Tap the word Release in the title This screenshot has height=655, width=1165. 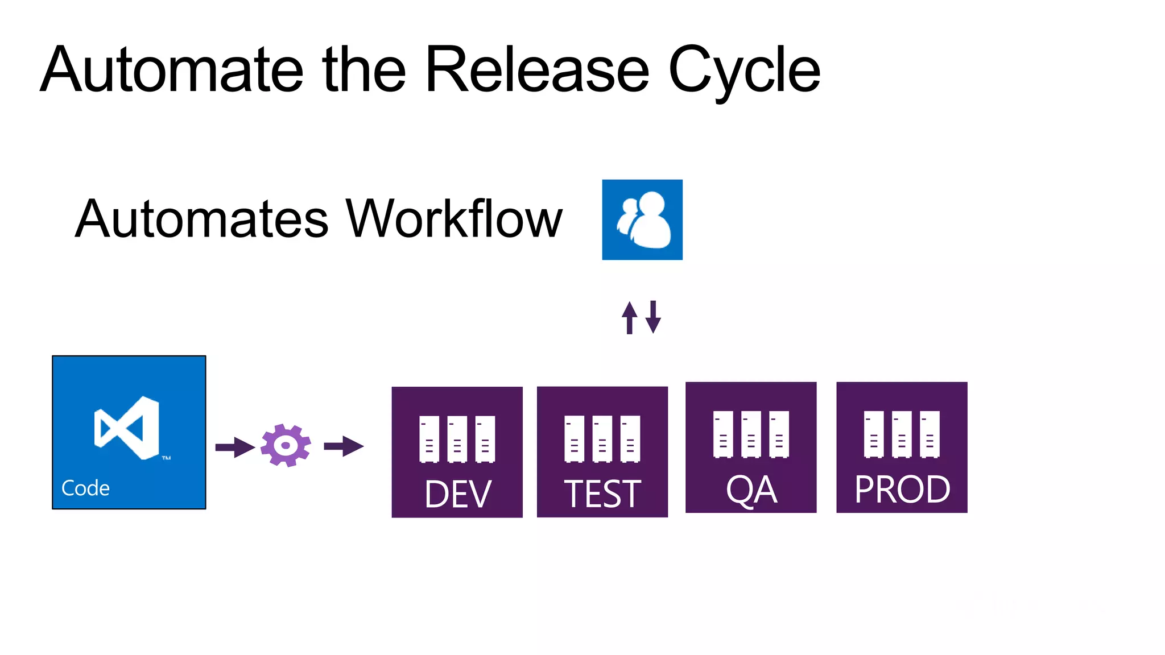tap(537, 70)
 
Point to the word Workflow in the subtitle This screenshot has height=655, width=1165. tap(454, 219)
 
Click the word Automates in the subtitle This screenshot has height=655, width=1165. tap(202, 219)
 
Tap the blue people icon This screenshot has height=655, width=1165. tap(642, 220)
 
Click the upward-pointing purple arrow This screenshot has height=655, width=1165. tap(629, 317)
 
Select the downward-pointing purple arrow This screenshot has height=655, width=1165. tap(653, 317)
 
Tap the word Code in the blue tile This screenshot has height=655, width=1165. tap(85, 488)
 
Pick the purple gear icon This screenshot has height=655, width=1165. tap(286, 445)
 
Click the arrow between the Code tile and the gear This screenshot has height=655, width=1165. tap(235, 447)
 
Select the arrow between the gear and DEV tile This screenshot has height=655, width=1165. tap(344, 446)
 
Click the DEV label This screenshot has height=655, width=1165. tap(457, 494)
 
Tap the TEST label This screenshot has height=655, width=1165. tap(602, 494)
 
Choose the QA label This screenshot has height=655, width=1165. tap(751, 490)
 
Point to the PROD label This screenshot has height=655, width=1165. tap(902, 490)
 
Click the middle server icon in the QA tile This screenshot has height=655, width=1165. tap(751, 434)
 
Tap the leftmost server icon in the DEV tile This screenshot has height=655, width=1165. tap(429, 439)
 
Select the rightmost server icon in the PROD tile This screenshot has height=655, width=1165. tap(929, 434)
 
